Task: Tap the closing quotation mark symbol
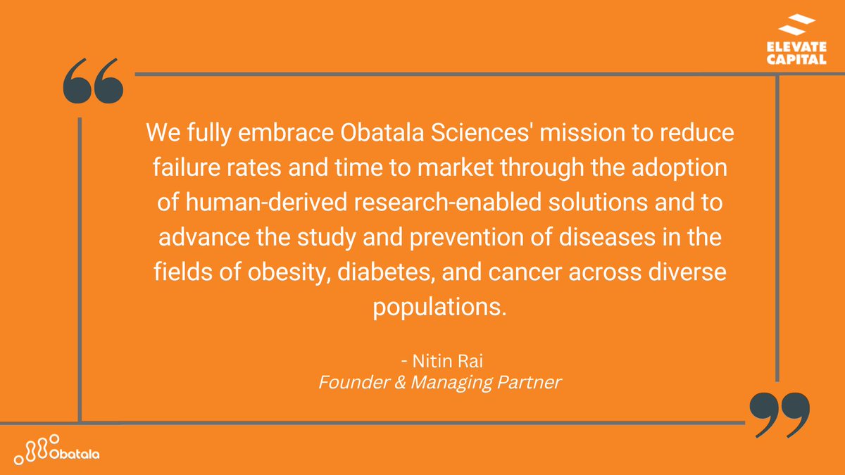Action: [x=779, y=415]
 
